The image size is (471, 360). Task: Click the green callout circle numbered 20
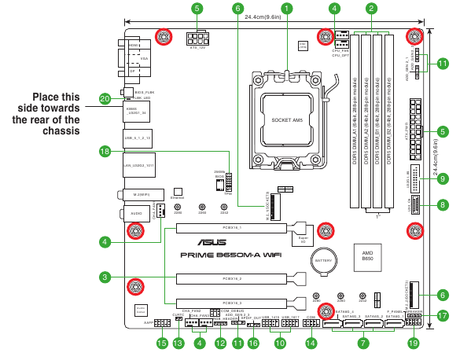click(105, 99)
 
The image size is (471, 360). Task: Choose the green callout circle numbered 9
click(442, 179)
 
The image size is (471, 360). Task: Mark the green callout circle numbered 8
click(442, 205)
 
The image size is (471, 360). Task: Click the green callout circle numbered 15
click(162, 343)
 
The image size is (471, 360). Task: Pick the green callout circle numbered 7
click(362, 343)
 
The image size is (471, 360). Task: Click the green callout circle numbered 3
click(105, 277)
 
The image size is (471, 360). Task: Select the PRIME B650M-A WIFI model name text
click(228, 255)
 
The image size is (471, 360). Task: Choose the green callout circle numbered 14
click(311, 343)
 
